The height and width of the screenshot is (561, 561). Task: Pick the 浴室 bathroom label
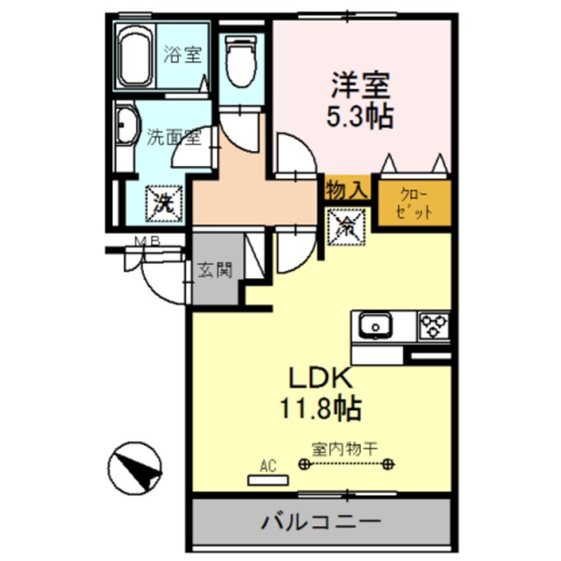pos(184,55)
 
